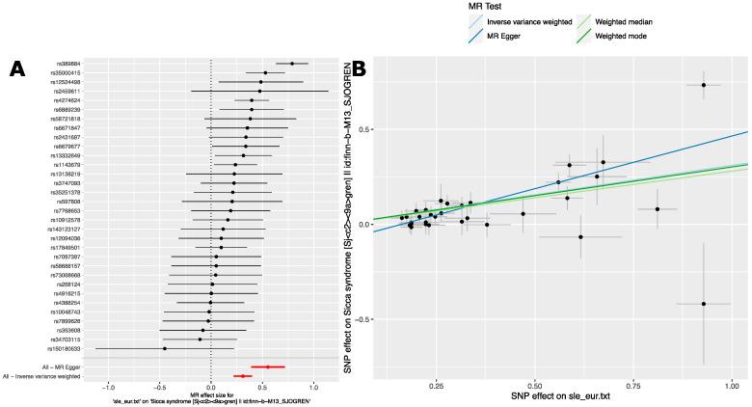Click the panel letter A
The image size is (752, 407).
click(x=16, y=69)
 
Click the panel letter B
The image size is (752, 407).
click(x=358, y=69)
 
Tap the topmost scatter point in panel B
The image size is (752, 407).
click(x=704, y=86)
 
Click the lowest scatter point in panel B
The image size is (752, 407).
click(x=704, y=304)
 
